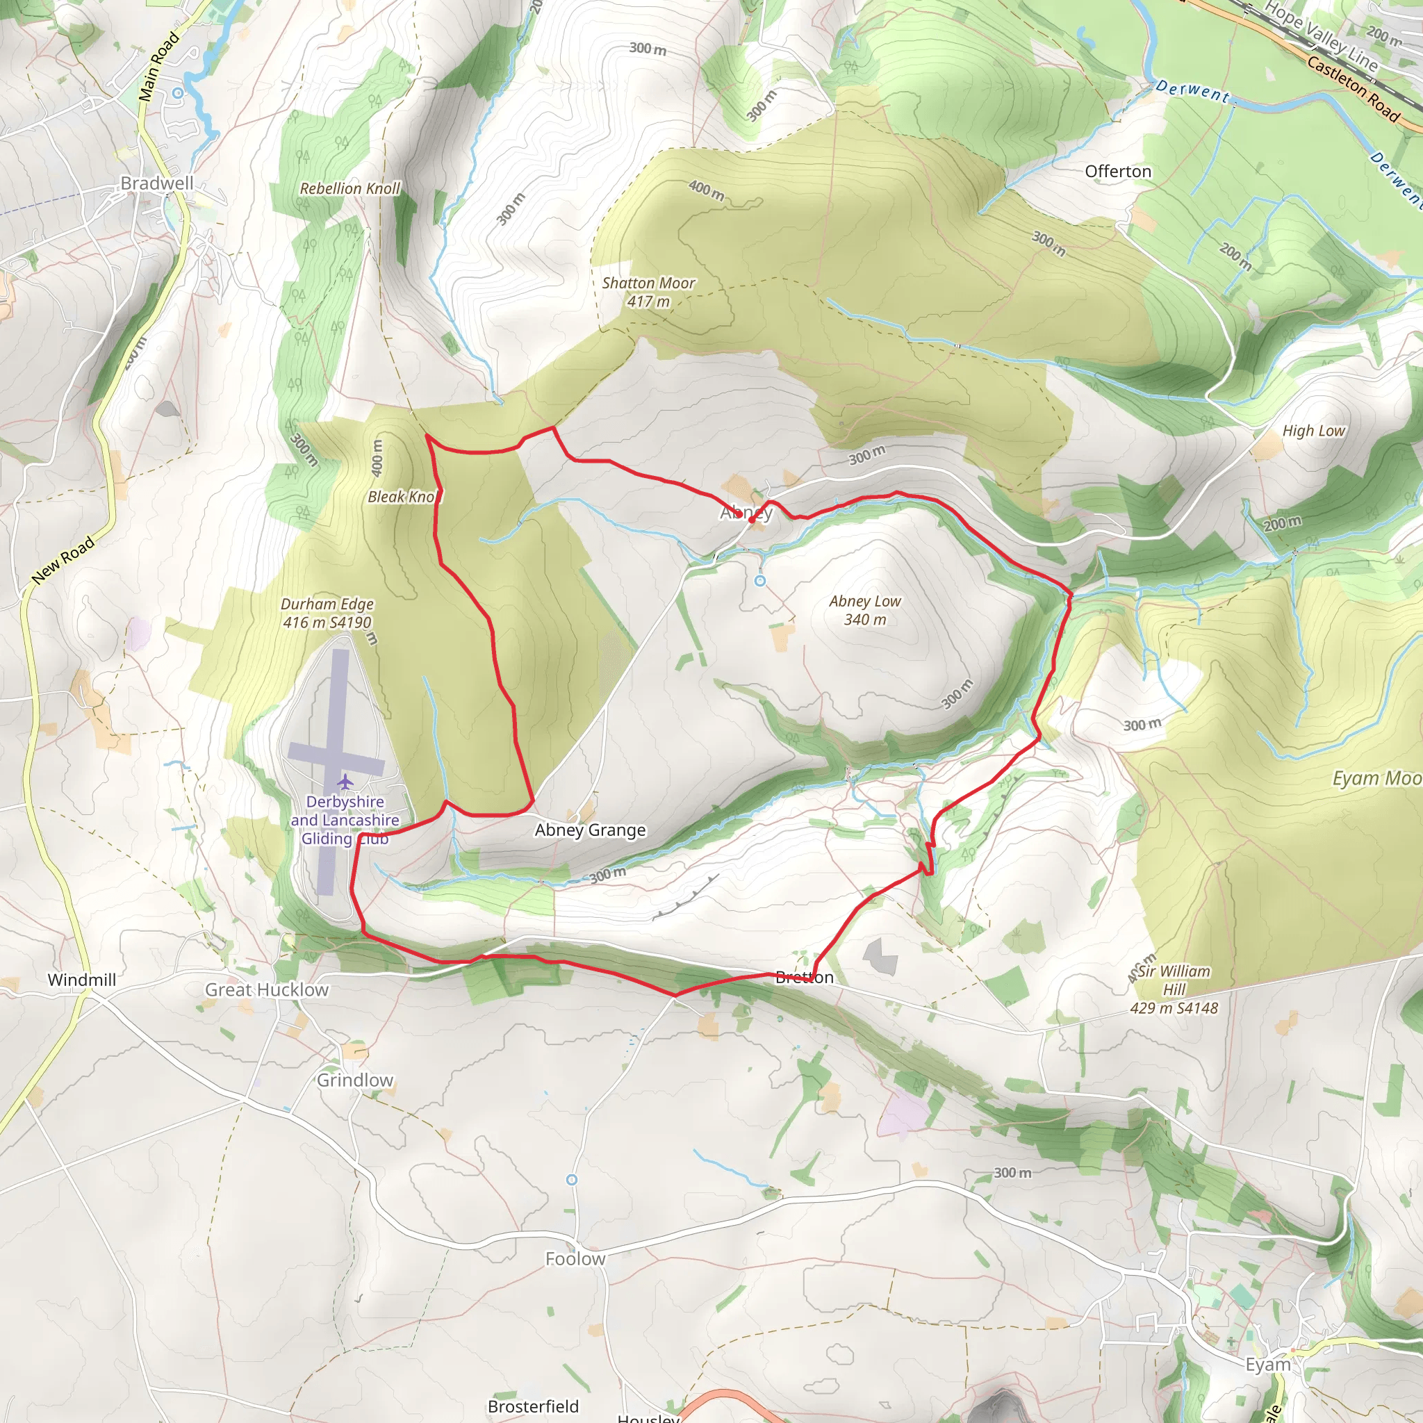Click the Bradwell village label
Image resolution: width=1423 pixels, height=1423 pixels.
click(x=157, y=183)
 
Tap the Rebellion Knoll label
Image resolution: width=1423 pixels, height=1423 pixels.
click(x=350, y=188)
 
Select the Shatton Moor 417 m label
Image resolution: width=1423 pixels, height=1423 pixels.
click(x=648, y=292)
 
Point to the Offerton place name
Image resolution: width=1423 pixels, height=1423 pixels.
click(x=1117, y=172)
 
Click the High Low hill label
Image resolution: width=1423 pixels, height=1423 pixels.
click(x=1313, y=431)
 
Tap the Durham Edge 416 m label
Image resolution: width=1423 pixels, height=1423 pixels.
click(x=327, y=613)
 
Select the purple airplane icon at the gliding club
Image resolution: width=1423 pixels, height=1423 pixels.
click(x=345, y=781)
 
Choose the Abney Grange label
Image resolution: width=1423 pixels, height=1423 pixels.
click(x=590, y=830)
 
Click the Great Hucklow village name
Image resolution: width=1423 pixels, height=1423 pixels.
click(x=267, y=990)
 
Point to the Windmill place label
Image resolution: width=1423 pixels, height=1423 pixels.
click(x=82, y=980)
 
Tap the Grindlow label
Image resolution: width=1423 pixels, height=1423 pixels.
click(x=355, y=1080)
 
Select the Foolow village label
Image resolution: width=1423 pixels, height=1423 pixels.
click(x=575, y=1259)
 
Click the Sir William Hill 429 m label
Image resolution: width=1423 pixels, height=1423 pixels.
click(x=1174, y=989)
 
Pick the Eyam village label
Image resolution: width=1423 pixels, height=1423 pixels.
click(x=1267, y=1365)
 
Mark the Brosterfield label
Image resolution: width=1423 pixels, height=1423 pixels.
click(x=533, y=1406)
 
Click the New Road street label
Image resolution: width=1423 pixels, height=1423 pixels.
click(x=64, y=561)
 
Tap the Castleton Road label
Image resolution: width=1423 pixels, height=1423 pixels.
click(x=1353, y=89)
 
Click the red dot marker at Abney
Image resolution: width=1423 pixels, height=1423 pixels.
click(x=750, y=519)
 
